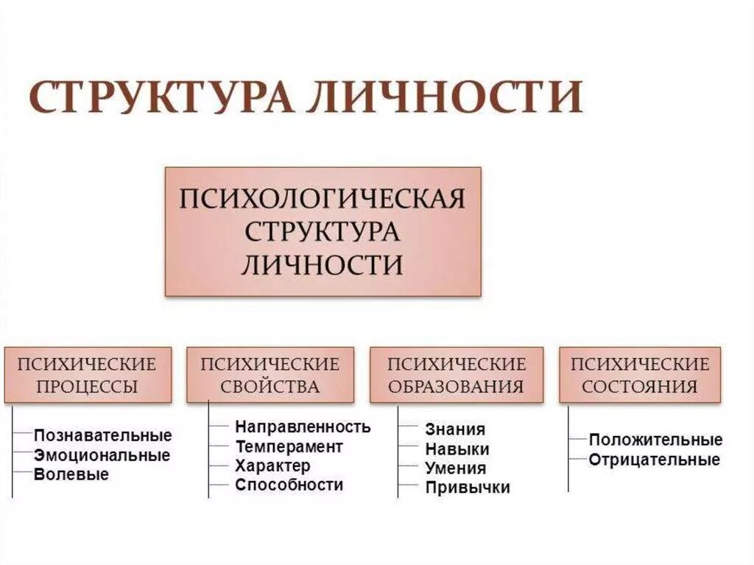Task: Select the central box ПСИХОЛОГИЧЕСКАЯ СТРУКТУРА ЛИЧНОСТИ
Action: [323, 231]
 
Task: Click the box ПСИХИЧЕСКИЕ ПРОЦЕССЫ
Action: [88, 375]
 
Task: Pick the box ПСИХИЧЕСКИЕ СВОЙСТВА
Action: [270, 375]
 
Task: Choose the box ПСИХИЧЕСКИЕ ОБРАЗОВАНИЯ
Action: [457, 375]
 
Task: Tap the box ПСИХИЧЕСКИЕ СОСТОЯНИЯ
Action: [640, 375]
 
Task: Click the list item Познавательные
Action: [102, 436]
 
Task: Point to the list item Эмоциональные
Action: [102, 455]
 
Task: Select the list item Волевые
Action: [71, 474]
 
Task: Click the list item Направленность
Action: [303, 427]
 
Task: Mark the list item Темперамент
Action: [289, 446]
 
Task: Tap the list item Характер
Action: [272, 466]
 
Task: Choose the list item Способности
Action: [289, 485]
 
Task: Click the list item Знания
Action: [455, 430]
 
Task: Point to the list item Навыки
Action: [457, 449]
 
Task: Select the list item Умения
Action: [455, 469]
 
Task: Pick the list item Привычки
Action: [467, 488]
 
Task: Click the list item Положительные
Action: [655, 441]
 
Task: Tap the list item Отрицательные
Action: [654, 460]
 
